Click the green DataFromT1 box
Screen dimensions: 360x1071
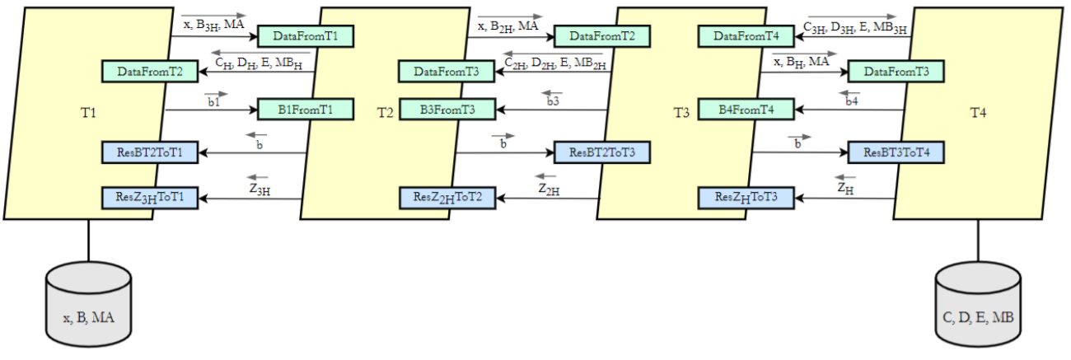306,36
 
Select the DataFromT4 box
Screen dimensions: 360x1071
746,36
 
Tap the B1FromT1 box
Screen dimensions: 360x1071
306,109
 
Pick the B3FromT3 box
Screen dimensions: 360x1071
447,109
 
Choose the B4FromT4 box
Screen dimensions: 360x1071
746,109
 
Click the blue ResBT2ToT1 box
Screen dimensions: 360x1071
149,152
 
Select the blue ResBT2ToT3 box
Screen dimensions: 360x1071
602,152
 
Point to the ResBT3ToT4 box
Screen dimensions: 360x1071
896,152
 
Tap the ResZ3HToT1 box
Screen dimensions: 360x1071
149,198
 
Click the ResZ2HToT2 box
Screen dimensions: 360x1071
447,198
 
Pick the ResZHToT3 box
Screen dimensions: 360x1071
746,198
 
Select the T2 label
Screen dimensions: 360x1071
385,113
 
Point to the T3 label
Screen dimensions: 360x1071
681,113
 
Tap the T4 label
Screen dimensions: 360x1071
978,113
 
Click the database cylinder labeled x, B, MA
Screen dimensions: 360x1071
88,306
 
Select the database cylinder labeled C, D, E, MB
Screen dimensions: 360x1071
979,306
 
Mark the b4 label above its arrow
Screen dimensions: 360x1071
852,101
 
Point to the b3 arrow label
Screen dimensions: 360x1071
553,101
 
